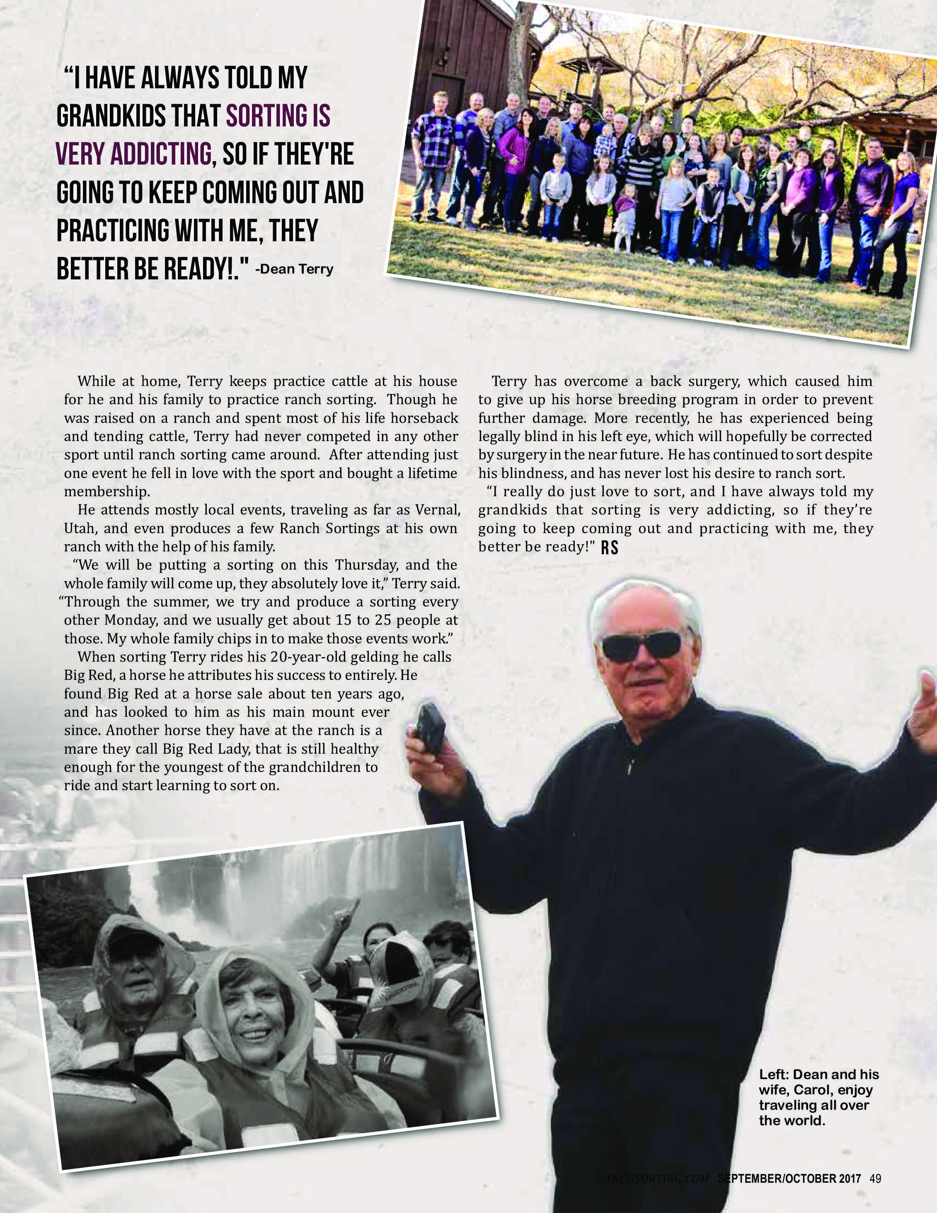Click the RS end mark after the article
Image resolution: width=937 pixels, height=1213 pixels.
[x=610, y=548]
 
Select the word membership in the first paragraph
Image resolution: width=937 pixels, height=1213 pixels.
[x=107, y=492]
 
